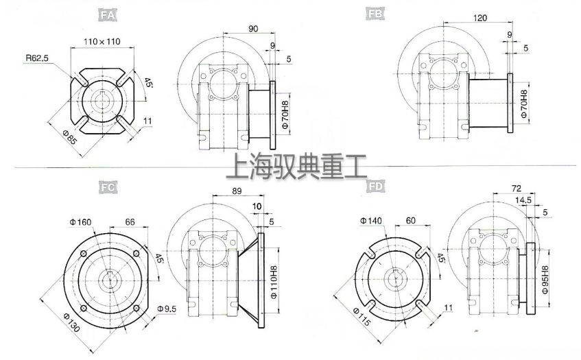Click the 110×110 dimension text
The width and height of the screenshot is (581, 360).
102,42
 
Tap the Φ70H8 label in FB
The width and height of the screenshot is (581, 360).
524,104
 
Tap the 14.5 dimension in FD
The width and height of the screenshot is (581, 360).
523,200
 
